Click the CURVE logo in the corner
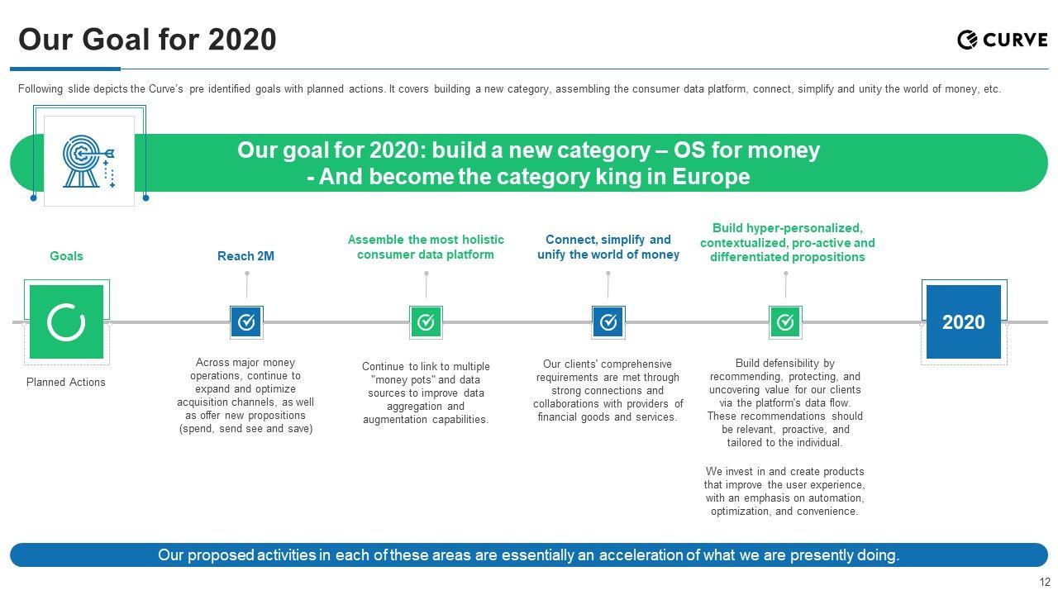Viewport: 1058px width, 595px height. point(1002,40)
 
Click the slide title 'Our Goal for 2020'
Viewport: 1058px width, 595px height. point(147,40)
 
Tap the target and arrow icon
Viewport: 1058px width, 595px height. point(89,161)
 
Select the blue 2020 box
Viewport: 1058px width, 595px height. point(963,321)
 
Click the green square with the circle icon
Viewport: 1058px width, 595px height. point(66,321)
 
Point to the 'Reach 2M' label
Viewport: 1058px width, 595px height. point(245,256)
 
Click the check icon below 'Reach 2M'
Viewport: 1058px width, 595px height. point(246,321)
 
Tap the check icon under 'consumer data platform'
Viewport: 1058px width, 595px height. point(426,321)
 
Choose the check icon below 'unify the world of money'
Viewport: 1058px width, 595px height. point(608,321)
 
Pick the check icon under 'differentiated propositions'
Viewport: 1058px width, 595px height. point(785,321)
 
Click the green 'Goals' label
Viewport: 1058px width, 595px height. point(66,256)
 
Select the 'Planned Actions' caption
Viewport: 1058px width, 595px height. point(66,382)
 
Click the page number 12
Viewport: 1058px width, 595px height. point(1045,582)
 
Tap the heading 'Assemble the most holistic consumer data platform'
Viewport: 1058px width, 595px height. point(426,247)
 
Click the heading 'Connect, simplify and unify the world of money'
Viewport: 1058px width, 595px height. point(608,247)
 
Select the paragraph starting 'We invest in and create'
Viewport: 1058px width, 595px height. point(784,492)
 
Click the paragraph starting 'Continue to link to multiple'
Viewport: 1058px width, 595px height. point(426,393)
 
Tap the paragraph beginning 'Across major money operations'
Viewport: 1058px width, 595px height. point(245,396)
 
